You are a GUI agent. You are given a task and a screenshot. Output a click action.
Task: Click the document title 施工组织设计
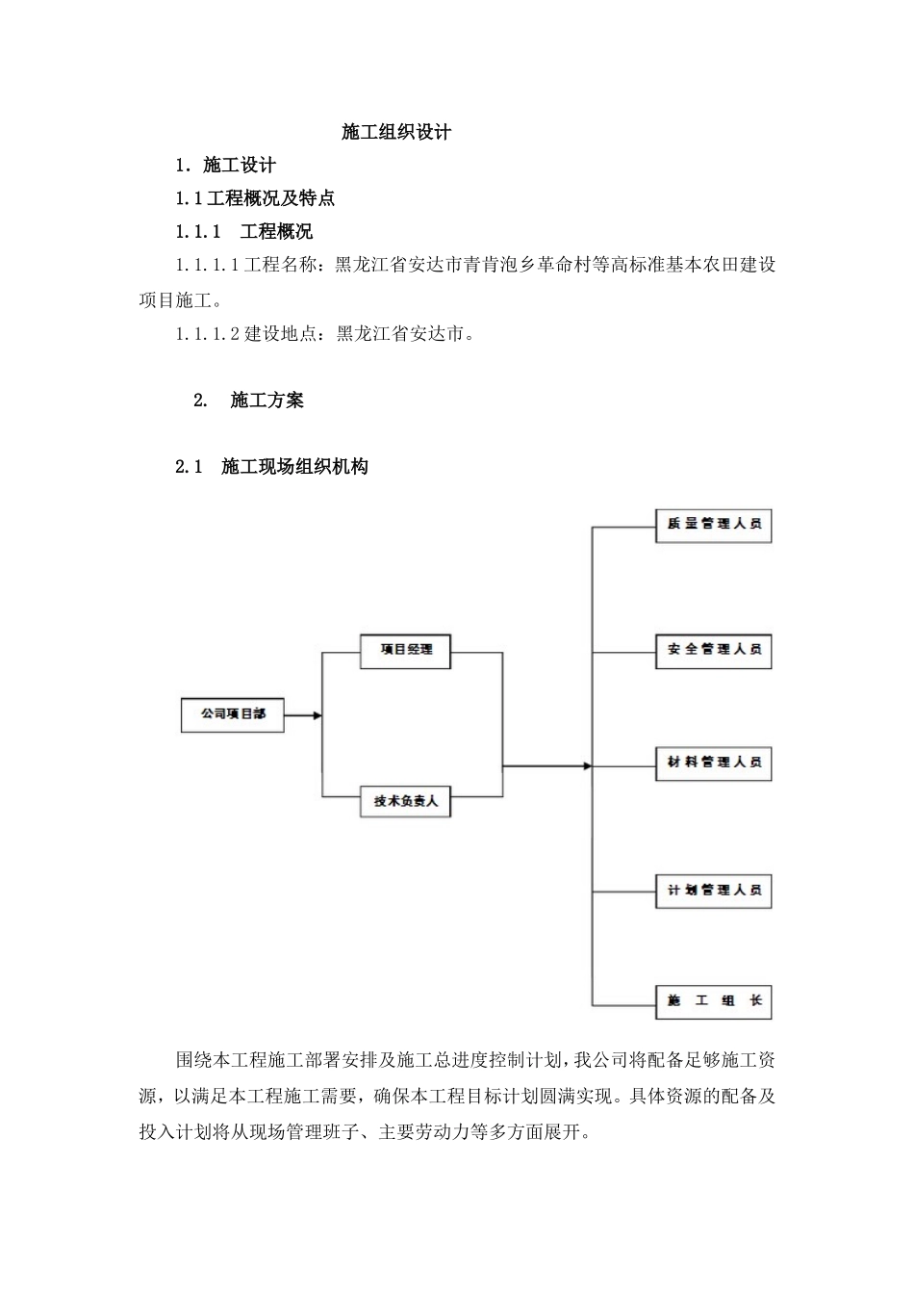tap(396, 133)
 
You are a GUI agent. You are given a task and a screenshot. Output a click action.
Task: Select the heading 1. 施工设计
tap(225, 166)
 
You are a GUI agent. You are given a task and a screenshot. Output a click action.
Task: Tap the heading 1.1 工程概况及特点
tap(255, 199)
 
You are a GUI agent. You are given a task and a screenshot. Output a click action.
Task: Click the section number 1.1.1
tap(198, 232)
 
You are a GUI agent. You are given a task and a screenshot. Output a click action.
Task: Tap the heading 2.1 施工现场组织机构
tap(271, 468)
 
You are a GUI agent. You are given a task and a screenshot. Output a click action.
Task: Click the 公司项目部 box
tap(233, 715)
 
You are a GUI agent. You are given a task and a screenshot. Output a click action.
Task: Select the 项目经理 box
tap(405, 650)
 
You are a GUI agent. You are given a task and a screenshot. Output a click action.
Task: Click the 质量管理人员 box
tap(714, 525)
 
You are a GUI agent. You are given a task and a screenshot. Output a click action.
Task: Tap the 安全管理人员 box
tap(714, 651)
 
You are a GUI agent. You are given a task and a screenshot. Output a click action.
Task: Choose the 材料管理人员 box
tap(714, 763)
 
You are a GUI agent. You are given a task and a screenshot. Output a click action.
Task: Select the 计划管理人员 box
tap(714, 891)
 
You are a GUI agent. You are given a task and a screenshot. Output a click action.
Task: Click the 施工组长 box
tap(714, 1001)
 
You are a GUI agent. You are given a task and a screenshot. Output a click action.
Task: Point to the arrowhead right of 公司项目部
tap(317, 715)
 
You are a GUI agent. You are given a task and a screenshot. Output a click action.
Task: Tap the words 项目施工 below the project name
tap(175, 300)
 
